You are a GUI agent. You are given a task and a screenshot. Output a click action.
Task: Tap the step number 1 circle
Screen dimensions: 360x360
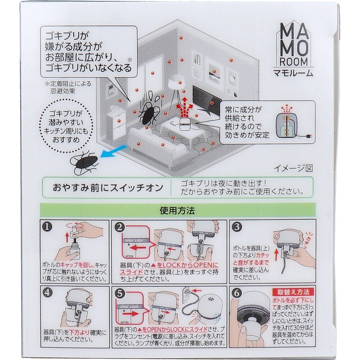[47, 227]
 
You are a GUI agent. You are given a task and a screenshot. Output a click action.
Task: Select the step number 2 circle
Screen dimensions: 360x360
[120, 228]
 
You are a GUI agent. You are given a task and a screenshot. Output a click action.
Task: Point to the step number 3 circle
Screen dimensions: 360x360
[237, 227]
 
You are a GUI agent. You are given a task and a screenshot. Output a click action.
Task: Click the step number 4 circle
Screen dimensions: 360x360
[47, 293]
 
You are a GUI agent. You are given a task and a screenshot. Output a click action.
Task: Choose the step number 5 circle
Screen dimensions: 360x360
[120, 294]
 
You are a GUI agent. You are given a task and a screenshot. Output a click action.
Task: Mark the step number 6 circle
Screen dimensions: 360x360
[237, 293]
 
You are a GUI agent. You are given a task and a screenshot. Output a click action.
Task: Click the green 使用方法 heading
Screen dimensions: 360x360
[177, 211]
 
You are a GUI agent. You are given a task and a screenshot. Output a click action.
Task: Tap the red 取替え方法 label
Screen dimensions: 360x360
[293, 292]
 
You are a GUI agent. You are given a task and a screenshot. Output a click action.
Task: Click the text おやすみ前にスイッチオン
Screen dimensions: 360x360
[108, 188]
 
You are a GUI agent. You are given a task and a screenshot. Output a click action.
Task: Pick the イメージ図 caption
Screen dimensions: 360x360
[293, 168]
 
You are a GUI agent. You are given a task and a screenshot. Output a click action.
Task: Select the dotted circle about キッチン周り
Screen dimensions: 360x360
[66, 126]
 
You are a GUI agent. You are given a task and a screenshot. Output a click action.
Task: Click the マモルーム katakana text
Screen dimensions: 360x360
[293, 73]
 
